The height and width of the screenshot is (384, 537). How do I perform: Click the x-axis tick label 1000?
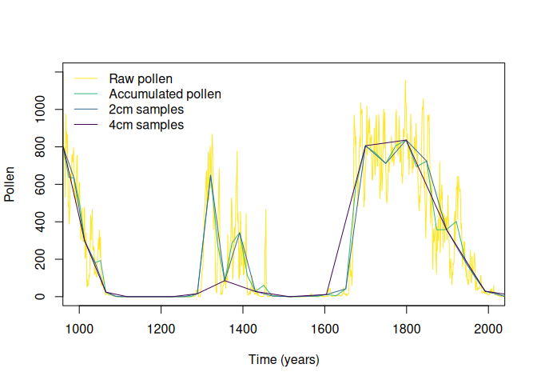pyautogui.click(x=78, y=328)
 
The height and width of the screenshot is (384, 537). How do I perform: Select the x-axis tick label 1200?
pyautogui.click(x=161, y=328)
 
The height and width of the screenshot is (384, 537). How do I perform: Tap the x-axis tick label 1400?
pyautogui.click(x=243, y=328)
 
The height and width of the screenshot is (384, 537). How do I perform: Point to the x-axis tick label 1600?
pyautogui.click(x=324, y=328)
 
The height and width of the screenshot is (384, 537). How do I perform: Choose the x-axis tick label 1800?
pyautogui.click(x=407, y=328)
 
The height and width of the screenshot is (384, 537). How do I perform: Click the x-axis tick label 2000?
pyautogui.click(x=488, y=328)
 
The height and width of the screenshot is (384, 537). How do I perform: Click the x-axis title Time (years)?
pyautogui.click(x=284, y=360)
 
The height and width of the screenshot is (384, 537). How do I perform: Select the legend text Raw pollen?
pyautogui.click(x=141, y=78)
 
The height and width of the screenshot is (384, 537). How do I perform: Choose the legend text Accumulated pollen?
pyautogui.click(x=165, y=94)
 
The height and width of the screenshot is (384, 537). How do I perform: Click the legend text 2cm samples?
pyautogui.click(x=146, y=110)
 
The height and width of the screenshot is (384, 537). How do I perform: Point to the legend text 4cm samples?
pyautogui.click(x=146, y=126)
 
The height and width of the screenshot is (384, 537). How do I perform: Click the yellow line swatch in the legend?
pyautogui.click(x=86, y=78)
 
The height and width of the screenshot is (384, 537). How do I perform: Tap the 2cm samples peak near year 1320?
pyautogui.click(x=210, y=176)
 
